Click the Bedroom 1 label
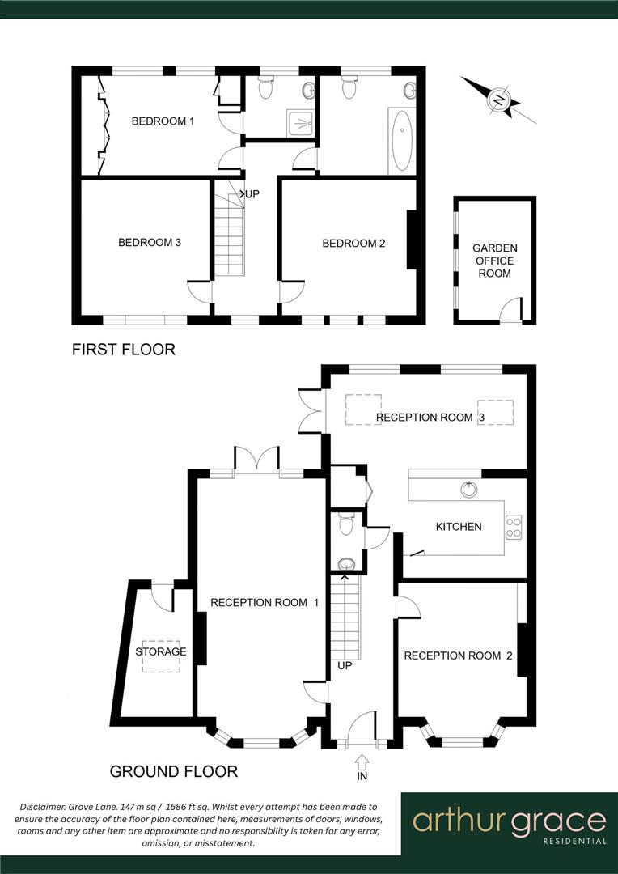coord(163,121)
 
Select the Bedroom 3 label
coord(150,242)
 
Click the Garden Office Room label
coord(494,261)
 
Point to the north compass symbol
coord(499,100)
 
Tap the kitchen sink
coord(468,489)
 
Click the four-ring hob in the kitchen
coord(514,527)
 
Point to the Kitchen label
coord(459,527)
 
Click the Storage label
coord(160,651)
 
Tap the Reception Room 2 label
coord(458,655)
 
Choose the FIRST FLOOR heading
coord(123,350)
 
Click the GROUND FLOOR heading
coord(174,771)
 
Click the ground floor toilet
coord(347,526)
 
